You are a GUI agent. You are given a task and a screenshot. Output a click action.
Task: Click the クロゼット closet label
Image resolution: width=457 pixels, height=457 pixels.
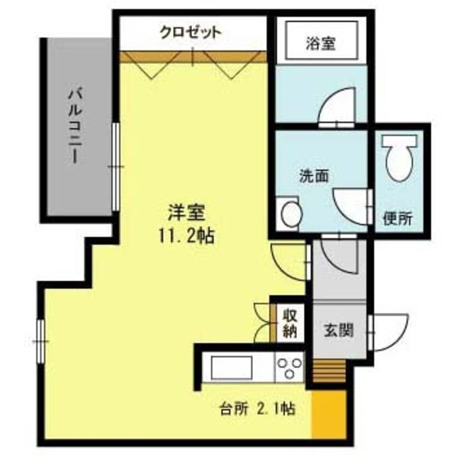click(190, 32)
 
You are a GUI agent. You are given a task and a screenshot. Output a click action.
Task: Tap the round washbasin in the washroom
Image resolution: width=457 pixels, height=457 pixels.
click(289, 214)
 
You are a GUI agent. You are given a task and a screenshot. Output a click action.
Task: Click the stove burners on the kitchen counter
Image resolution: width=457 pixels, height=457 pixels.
click(289, 369)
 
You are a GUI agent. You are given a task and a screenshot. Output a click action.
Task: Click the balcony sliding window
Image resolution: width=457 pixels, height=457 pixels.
click(114, 166)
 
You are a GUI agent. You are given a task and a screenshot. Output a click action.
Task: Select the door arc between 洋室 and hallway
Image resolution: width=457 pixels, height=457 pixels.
click(290, 262)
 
